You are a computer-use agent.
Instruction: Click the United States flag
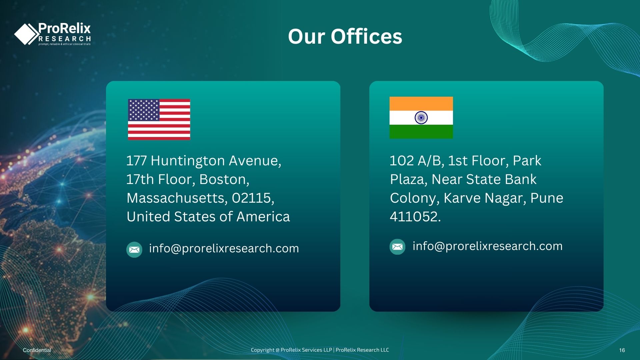tap(159, 119)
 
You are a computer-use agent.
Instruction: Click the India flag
tap(421, 118)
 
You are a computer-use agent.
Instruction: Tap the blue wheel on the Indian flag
tap(421, 118)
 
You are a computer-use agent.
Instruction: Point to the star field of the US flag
tap(144, 110)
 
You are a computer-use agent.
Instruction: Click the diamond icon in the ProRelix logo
tap(27, 34)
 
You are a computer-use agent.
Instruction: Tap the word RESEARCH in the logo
tap(65, 39)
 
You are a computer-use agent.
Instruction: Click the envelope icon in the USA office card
tap(134, 250)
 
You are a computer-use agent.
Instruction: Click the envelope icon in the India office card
tap(397, 247)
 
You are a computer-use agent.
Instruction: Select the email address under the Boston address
tap(224, 248)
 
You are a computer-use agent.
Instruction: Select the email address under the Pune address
tap(487, 246)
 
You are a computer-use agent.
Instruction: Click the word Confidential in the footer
tap(37, 350)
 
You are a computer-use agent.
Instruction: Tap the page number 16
tap(622, 350)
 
